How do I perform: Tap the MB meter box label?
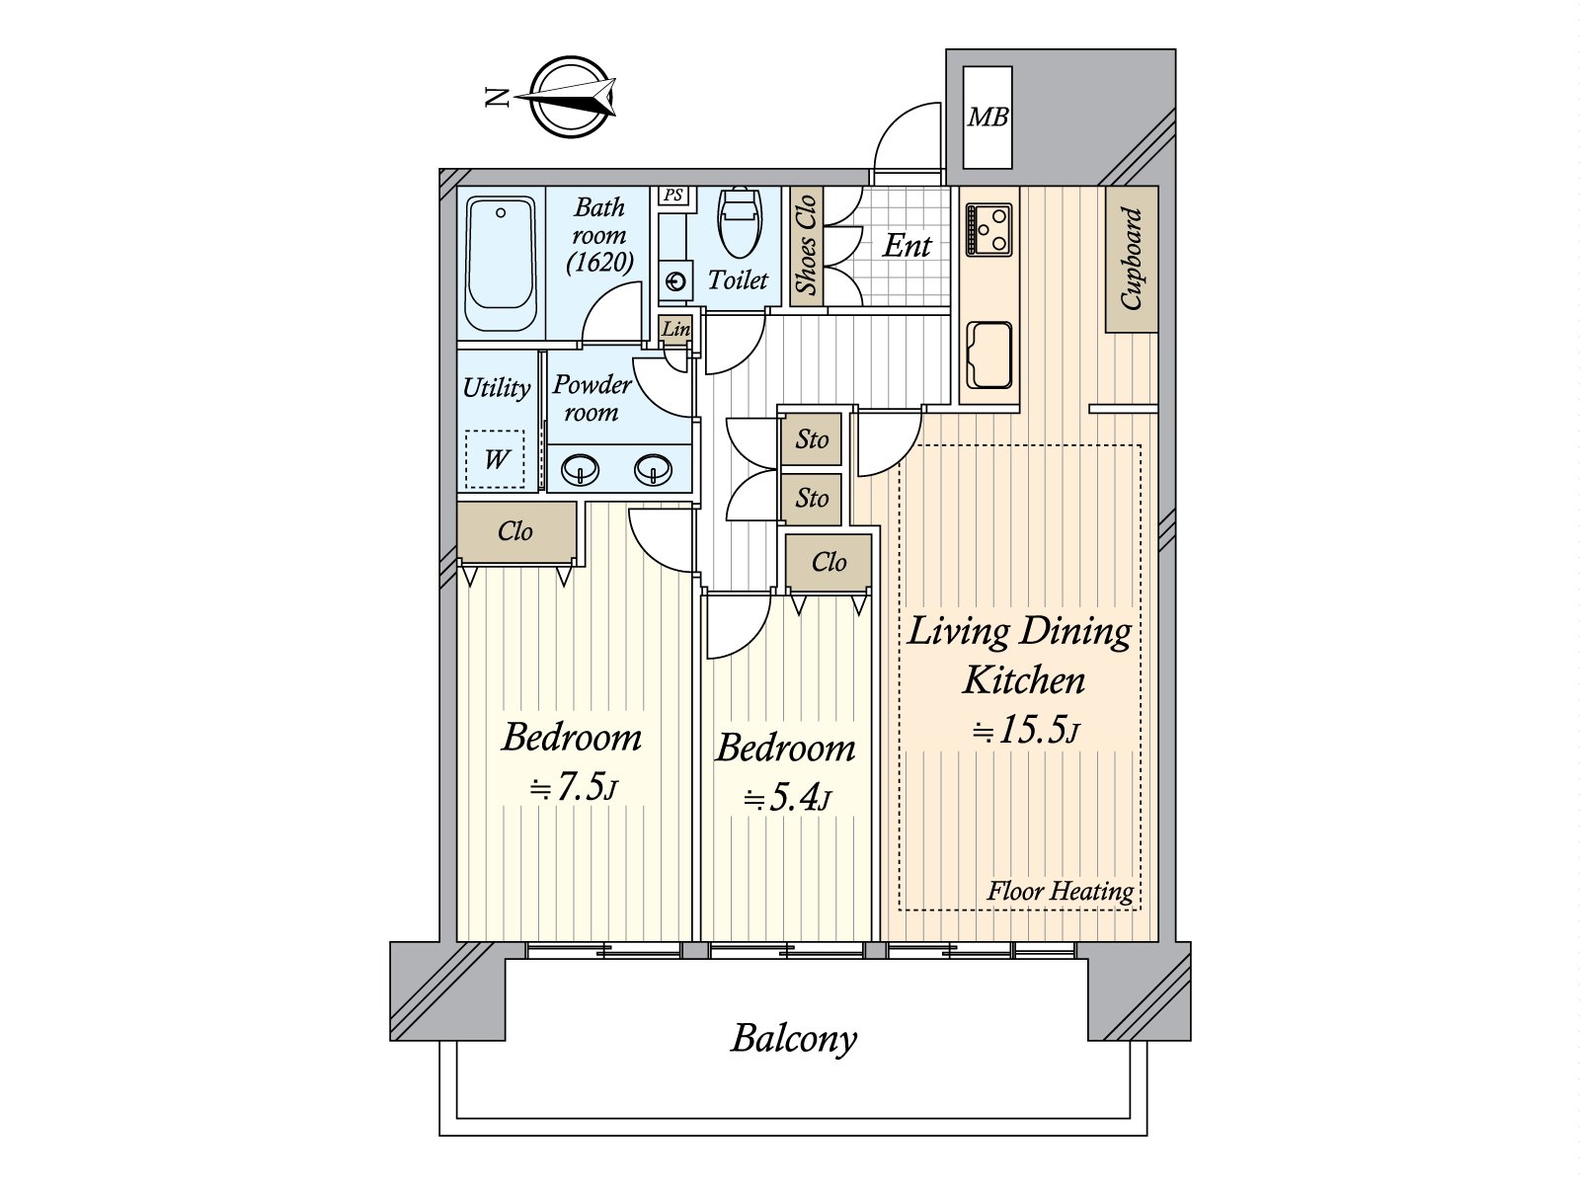pos(987,118)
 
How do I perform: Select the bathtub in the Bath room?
pos(501,264)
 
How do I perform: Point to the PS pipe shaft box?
pos(673,195)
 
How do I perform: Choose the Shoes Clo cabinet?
pos(806,245)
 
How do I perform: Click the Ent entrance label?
pos(907,246)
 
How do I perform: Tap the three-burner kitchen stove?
pos(989,229)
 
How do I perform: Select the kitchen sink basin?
pos(989,355)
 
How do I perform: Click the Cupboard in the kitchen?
pos(1132,259)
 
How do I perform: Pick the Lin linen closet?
pos(675,330)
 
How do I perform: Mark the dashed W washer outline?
pos(495,459)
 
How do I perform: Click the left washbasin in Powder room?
pos(581,471)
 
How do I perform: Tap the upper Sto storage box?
pos(812,438)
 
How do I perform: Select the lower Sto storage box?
pos(812,498)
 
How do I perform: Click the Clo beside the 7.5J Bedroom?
pos(516,531)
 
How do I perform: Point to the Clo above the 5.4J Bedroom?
pos(829,562)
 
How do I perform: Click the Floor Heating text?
pos(1061,892)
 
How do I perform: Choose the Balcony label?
pos(794,1039)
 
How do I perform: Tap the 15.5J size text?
pos(1026,730)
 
